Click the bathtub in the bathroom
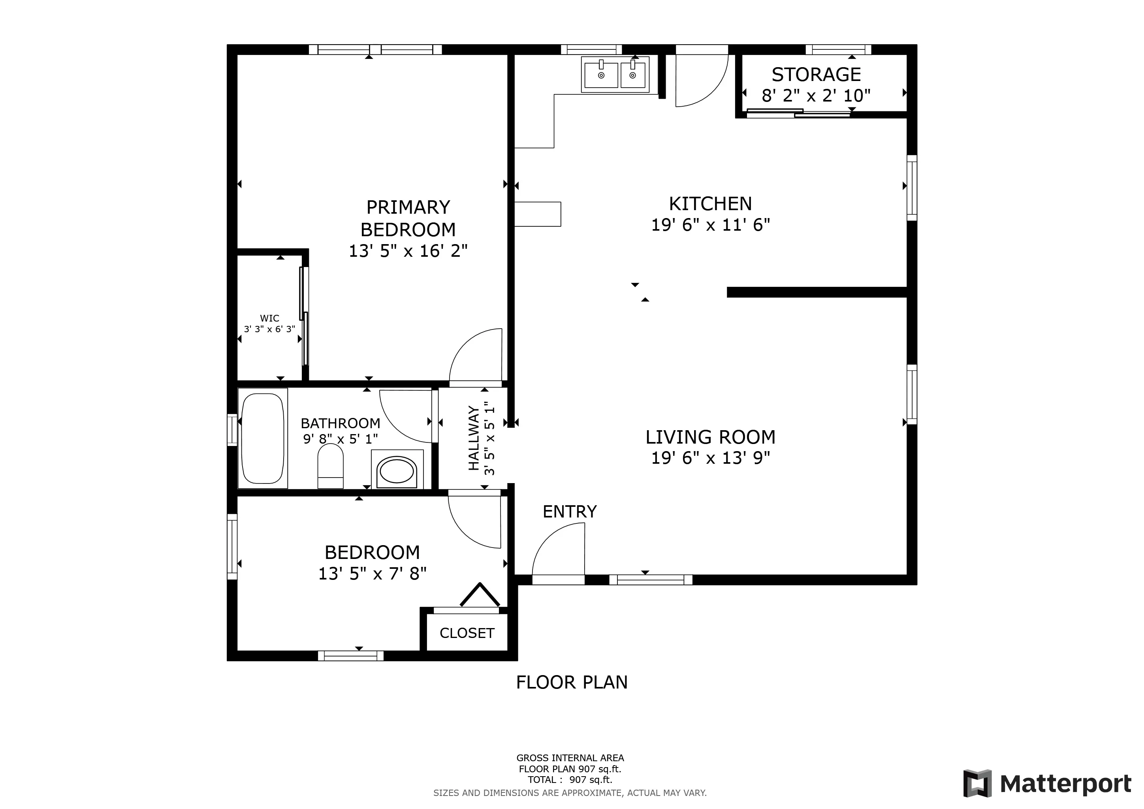point(263,438)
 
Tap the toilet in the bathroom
point(330,466)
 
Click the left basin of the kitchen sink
point(601,75)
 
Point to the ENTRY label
point(570,512)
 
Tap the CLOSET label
point(467,633)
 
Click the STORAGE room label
point(816,75)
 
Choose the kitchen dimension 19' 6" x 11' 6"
point(711,225)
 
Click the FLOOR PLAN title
point(572,682)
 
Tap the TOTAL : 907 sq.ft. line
point(570,780)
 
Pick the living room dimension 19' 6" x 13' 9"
point(711,458)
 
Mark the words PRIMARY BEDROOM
point(408,218)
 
